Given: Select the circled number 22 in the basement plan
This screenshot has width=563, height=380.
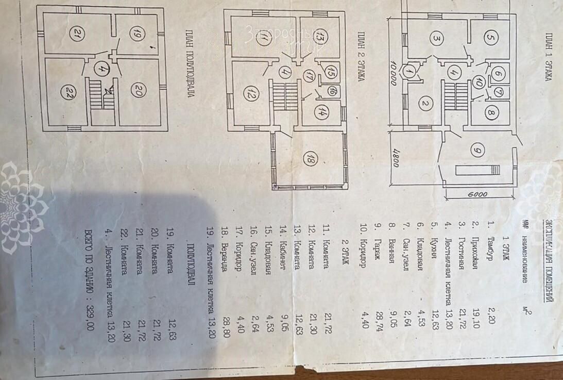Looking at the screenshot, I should [67, 93].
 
